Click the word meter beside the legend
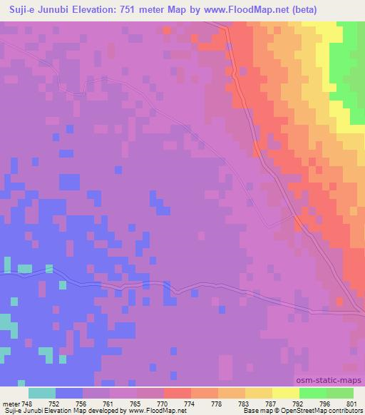click(x=11, y=403)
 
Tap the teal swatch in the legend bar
click(x=42, y=393)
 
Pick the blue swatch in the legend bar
click(x=69, y=393)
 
